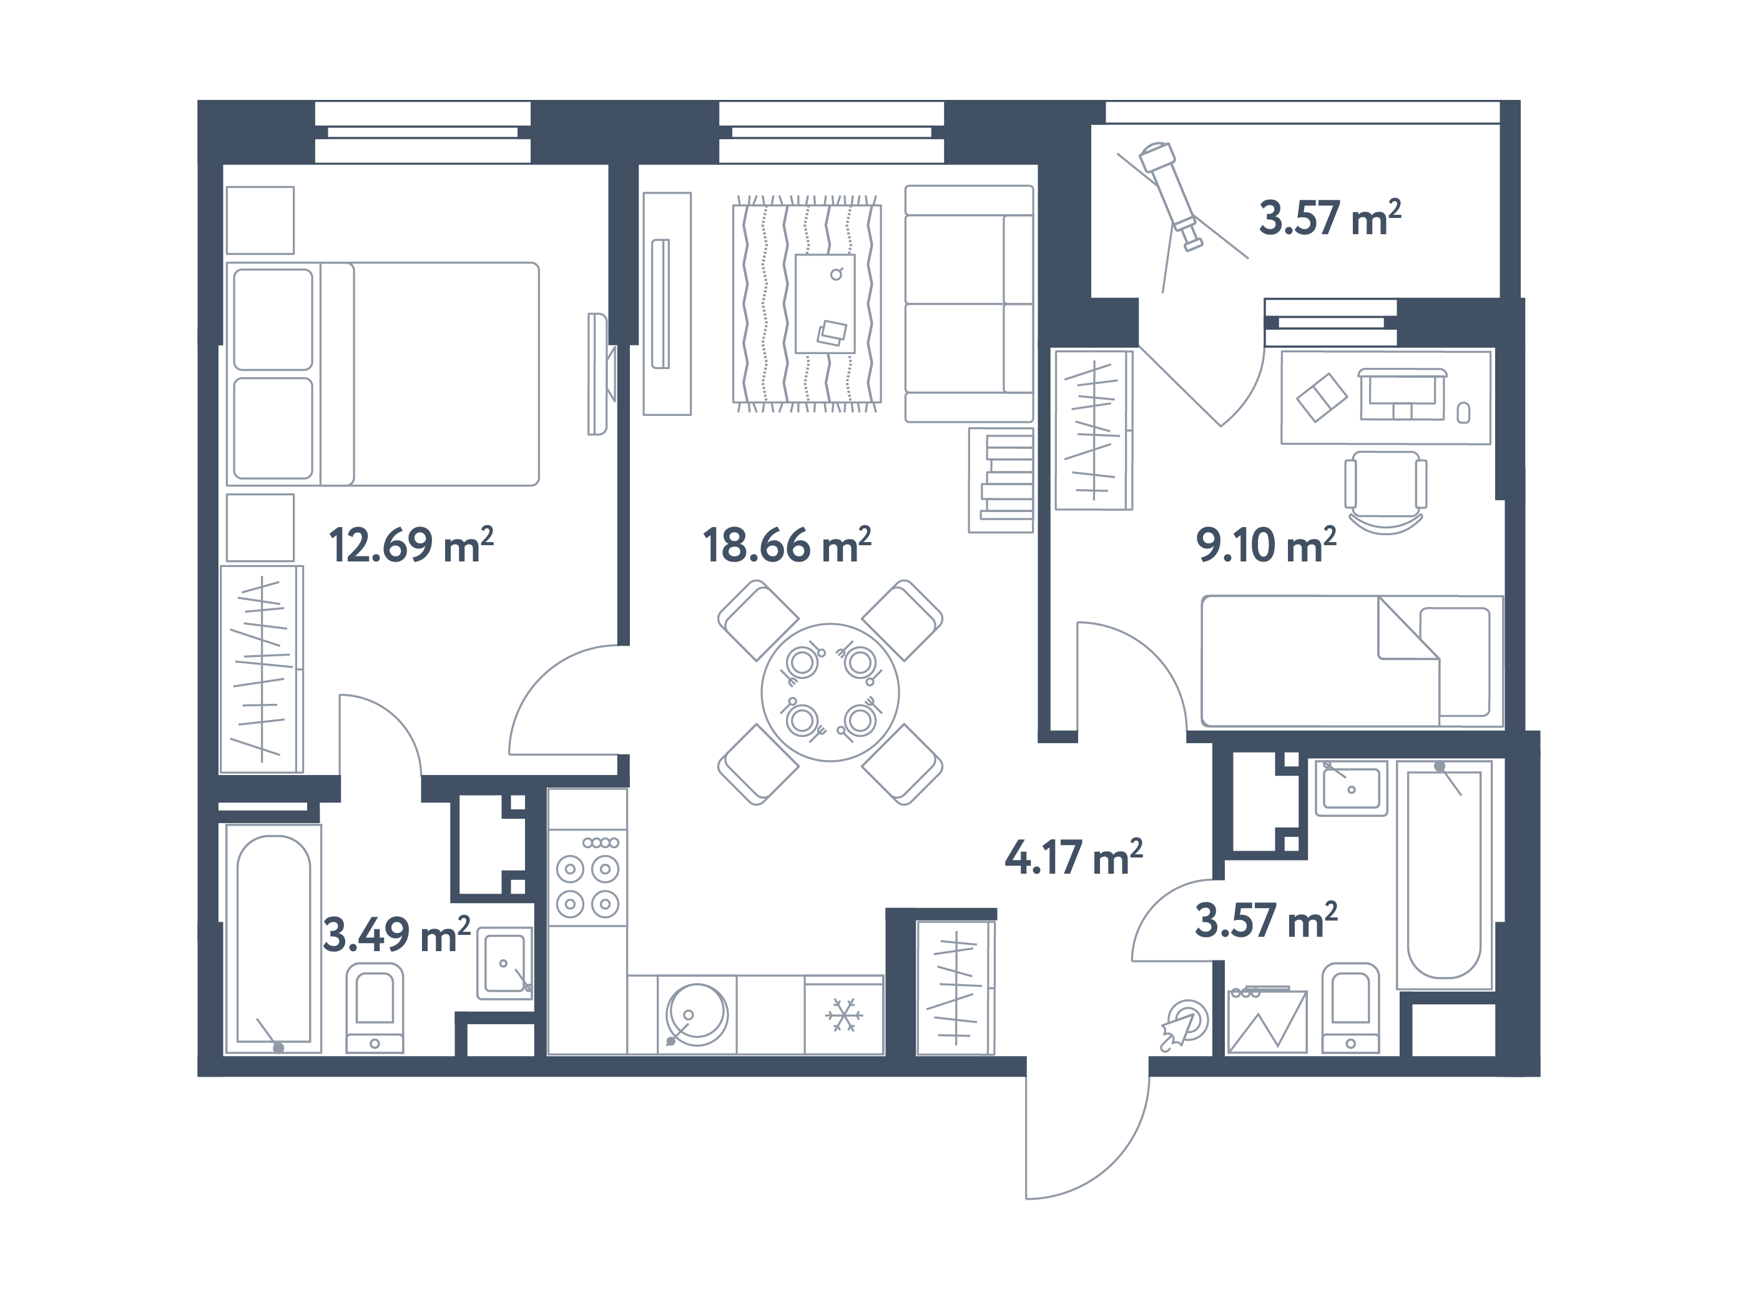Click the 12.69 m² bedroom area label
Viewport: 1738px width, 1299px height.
(x=410, y=545)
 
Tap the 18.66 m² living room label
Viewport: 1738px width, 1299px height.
(x=787, y=545)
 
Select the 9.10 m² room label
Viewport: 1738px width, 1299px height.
(x=1265, y=545)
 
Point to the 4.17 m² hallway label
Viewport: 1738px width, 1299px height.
(x=1073, y=857)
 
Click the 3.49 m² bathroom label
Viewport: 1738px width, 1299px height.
(x=396, y=934)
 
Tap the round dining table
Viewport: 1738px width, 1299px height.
(x=830, y=691)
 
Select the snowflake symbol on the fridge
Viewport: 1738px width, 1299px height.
(x=843, y=1015)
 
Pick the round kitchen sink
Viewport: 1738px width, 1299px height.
(x=695, y=1014)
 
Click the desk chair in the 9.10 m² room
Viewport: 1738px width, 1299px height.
(x=1385, y=491)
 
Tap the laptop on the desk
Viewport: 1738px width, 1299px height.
(x=1403, y=395)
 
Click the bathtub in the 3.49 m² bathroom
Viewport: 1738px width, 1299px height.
(x=273, y=939)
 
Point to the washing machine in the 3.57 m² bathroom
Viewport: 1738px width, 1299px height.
(x=1267, y=1020)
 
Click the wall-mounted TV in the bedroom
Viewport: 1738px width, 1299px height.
(x=599, y=374)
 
